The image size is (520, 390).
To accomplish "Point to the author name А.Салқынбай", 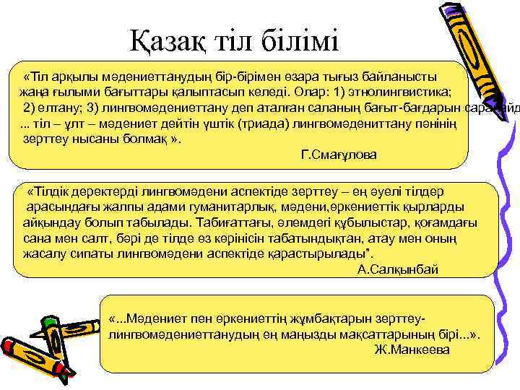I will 398,269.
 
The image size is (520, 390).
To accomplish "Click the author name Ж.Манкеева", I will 412,350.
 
